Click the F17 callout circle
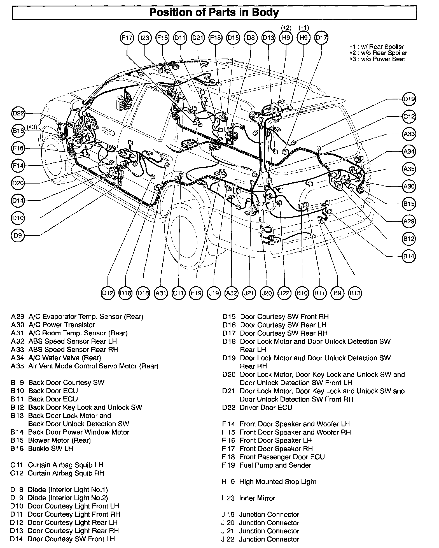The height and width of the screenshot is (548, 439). pyautogui.click(x=127, y=38)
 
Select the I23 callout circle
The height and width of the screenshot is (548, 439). pyautogui.click(x=145, y=38)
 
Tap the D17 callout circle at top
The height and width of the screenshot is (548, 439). pyautogui.click(x=321, y=38)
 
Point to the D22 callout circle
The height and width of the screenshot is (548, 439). pyautogui.click(x=18, y=113)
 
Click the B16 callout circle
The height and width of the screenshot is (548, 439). pyautogui.click(x=18, y=131)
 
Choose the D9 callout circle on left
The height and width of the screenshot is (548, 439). pyautogui.click(x=18, y=235)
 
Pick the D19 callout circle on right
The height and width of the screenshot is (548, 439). pyautogui.click(x=409, y=99)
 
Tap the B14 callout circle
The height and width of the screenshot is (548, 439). pyautogui.click(x=409, y=256)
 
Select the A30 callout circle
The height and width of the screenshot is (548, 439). pyautogui.click(x=409, y=186)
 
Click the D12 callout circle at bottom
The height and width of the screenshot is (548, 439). pyautogui.click(x=108, y=293)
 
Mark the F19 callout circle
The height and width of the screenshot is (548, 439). pyautogui.click(x=196, y=293)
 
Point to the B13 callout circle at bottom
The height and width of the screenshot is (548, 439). pyautogui.click(x=355, y=293)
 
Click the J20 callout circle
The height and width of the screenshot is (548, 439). pyautogui.click(x=267, y=293)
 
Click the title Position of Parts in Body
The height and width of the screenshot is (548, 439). pyautogui.click(x=214, y=13)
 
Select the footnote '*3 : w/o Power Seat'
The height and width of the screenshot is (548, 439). pyautogui.click(x=377, y=59)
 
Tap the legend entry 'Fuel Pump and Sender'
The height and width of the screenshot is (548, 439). pyautogui.click(x=275, y=465)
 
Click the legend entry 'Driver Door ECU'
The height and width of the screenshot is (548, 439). pyautogui.click(x=266, y=408)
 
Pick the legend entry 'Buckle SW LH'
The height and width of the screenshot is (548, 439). pyautogui.click(x=50, y=449)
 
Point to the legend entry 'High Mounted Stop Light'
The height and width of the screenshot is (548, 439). pyautogui.click(x=277, y=482)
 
